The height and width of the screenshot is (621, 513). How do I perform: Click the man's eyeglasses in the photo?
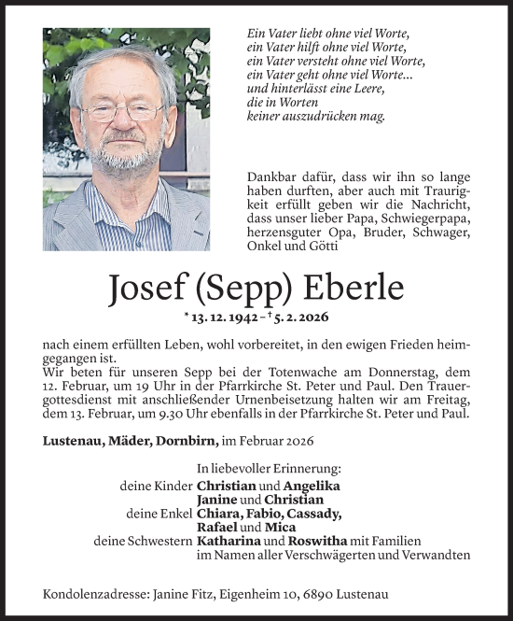121,112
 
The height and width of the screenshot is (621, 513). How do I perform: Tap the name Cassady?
312,514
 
